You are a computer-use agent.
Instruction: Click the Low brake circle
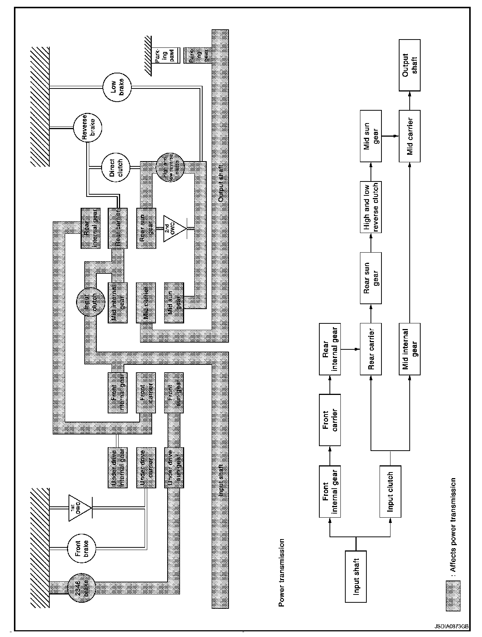(x=117, y=87)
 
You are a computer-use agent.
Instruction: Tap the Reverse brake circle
(x=87, y=128)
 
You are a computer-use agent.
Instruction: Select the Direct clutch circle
(x=116, y=167)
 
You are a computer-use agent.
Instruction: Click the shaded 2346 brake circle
(x=82, y=588)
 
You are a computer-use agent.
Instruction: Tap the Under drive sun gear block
(x=174, y=468)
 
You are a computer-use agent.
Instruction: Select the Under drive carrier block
(x=146, y=468)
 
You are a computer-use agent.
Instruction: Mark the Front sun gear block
(x=174, y=393)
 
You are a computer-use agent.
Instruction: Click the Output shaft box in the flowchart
(x=410, y=66)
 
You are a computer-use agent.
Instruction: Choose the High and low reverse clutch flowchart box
(x=371, y=207)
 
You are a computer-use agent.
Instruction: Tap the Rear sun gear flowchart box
(x=371, y=278)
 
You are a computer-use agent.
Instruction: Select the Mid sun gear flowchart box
(x=371, y=136)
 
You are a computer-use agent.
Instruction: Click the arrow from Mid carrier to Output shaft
(x=410, y=101)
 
